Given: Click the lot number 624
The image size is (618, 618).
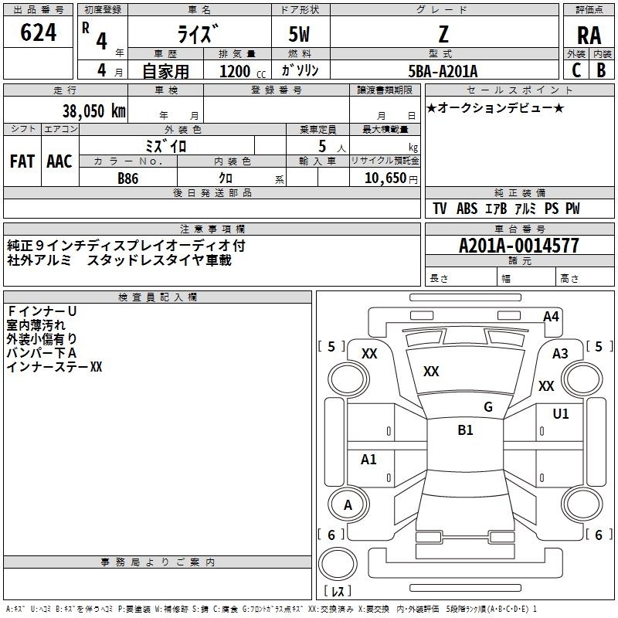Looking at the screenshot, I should pos(39,32).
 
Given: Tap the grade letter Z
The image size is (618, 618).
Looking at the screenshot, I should pos(443,34).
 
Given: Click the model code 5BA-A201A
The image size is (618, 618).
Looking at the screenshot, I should pos(443,71).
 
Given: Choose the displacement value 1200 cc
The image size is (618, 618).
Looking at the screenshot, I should pos(235,71).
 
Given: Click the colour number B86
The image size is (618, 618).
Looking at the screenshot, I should pos(128,178).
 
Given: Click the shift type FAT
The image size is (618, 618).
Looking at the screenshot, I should pos(22,161).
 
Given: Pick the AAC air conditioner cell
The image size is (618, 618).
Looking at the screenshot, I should pos(59,161).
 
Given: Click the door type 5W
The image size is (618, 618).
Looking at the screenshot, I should pos(301,34).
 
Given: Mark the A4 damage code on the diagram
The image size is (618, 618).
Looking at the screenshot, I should pos(551,316).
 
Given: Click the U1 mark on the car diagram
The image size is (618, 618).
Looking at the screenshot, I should pos(560,414).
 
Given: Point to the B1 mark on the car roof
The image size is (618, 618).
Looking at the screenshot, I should pos(465,430).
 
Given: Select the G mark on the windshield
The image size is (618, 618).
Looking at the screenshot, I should pos(488,406).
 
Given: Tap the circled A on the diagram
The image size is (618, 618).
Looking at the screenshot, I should pos(348,505).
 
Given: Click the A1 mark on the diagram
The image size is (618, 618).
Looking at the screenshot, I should pos(369,460).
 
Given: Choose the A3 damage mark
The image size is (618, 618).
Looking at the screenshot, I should pos(560,353).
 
